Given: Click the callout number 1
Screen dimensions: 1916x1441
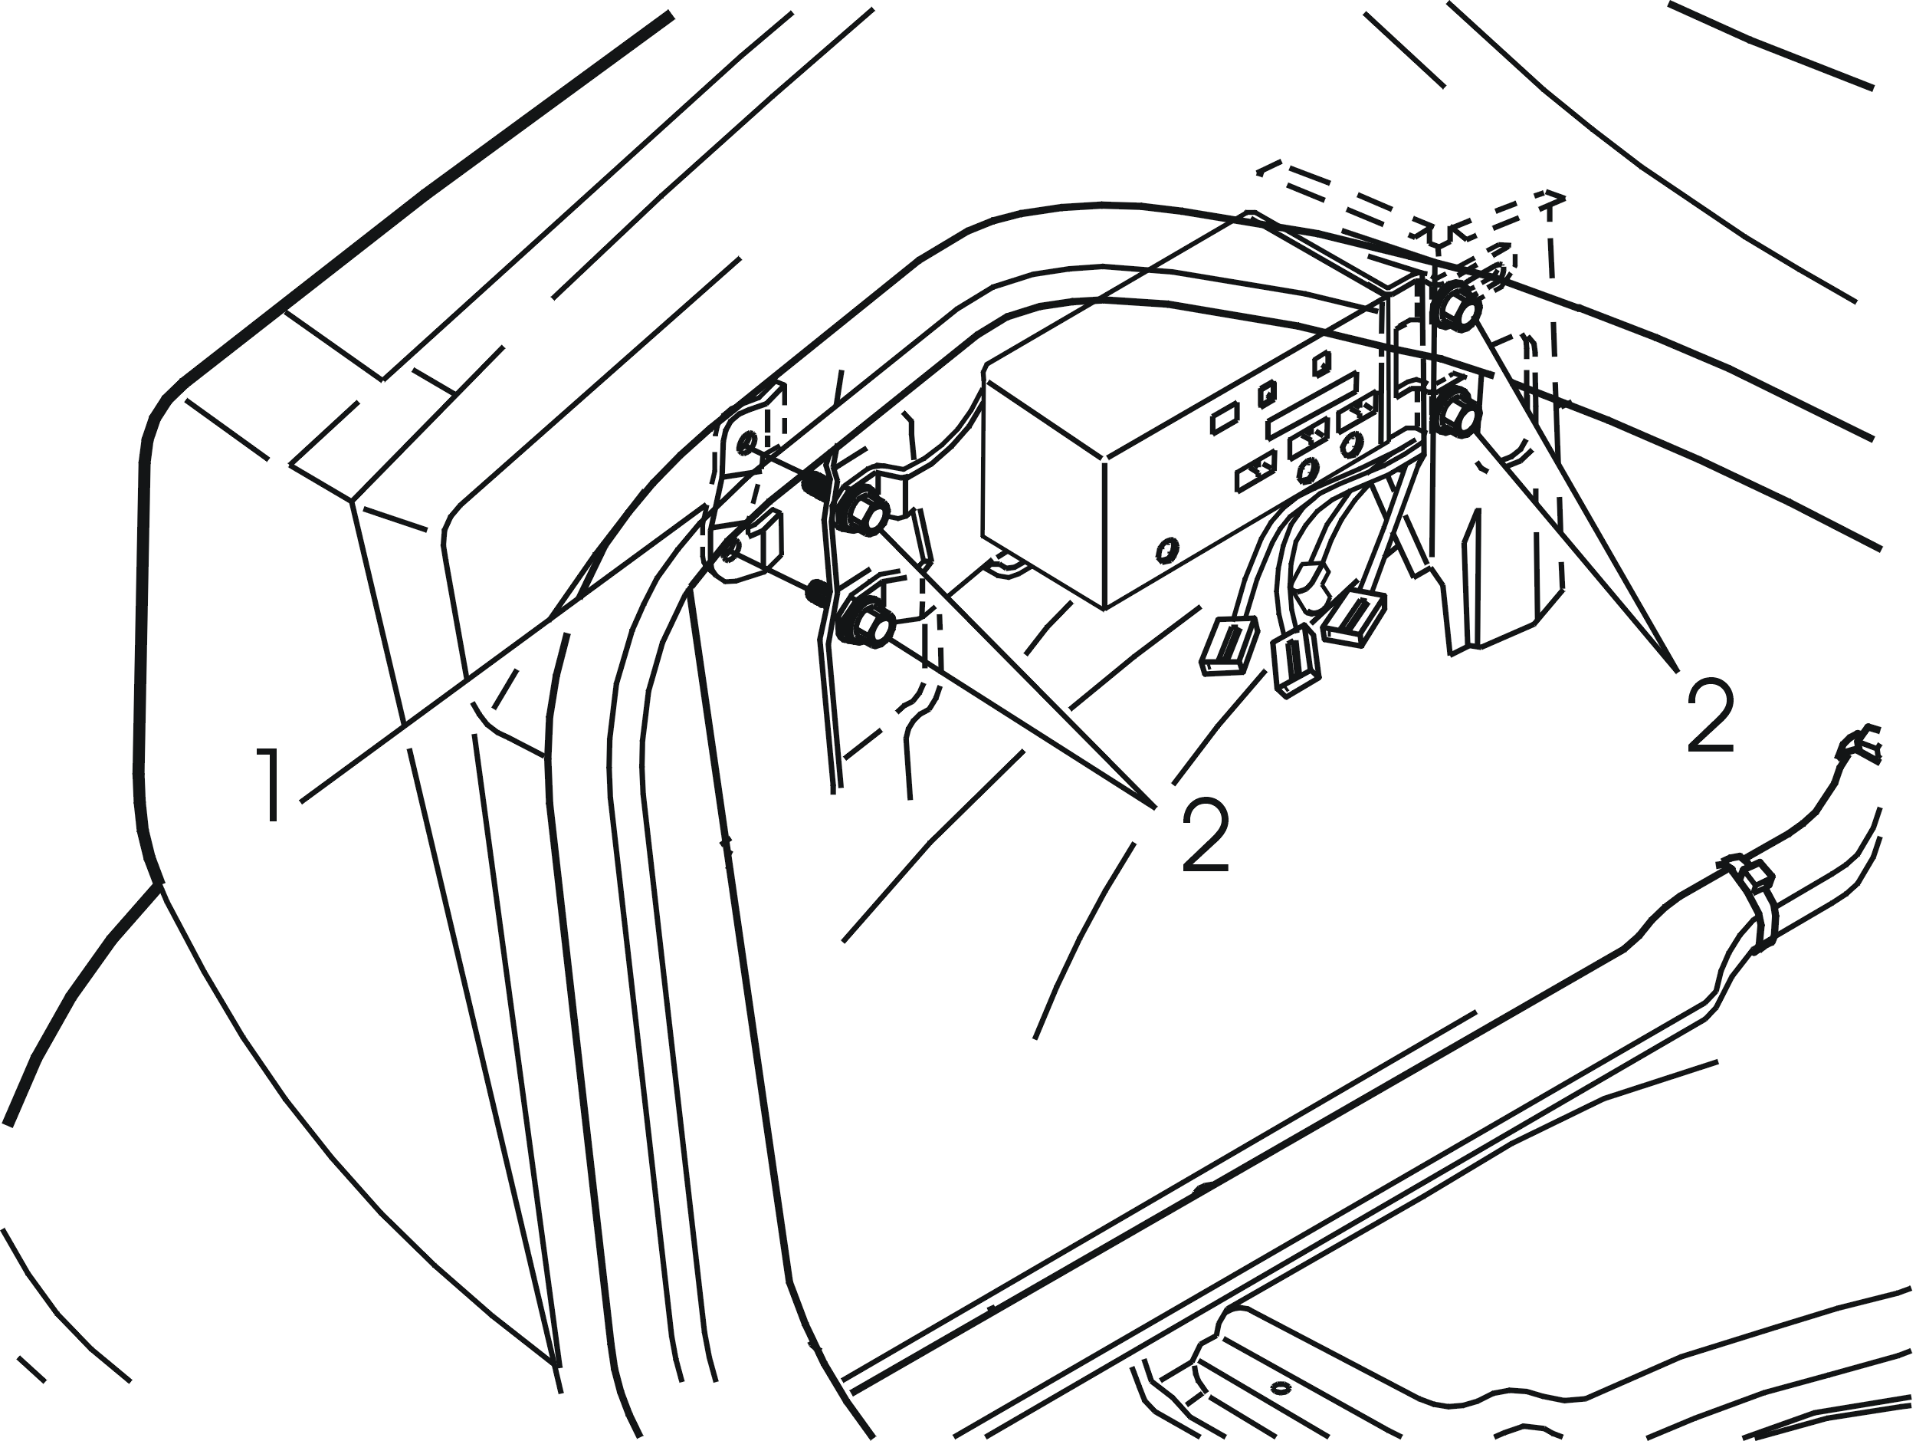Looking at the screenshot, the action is (271, 785).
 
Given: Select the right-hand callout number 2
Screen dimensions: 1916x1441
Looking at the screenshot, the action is (1710, 714).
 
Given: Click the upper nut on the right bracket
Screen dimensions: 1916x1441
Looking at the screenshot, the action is (1457, 307).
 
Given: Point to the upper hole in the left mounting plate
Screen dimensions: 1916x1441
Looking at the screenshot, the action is (744, 446).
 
